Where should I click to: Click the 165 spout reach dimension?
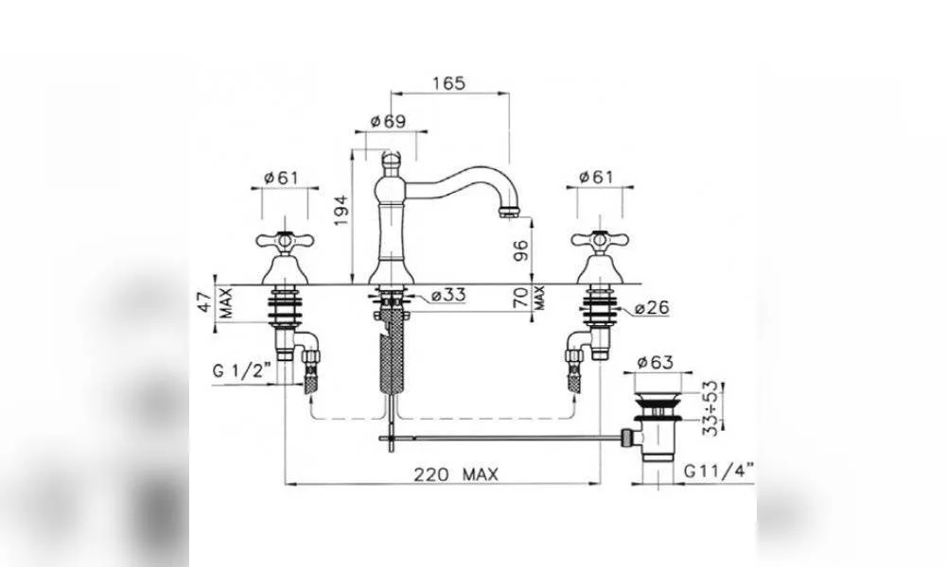click(x=449, y=82)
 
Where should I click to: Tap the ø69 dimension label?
click(x=388, y=121)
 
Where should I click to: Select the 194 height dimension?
click(x=342, y=210)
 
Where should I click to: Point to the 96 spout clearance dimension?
click(x=520, y=250)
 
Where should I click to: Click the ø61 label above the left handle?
click(x=281, y=178)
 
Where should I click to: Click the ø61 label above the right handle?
click(x=595, y=177)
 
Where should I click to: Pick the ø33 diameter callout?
click(x=448, y=295)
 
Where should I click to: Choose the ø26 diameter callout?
click(x=652, y=307)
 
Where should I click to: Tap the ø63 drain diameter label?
click(x=656, y=362)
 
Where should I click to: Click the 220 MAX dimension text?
click(x=456, y=474)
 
